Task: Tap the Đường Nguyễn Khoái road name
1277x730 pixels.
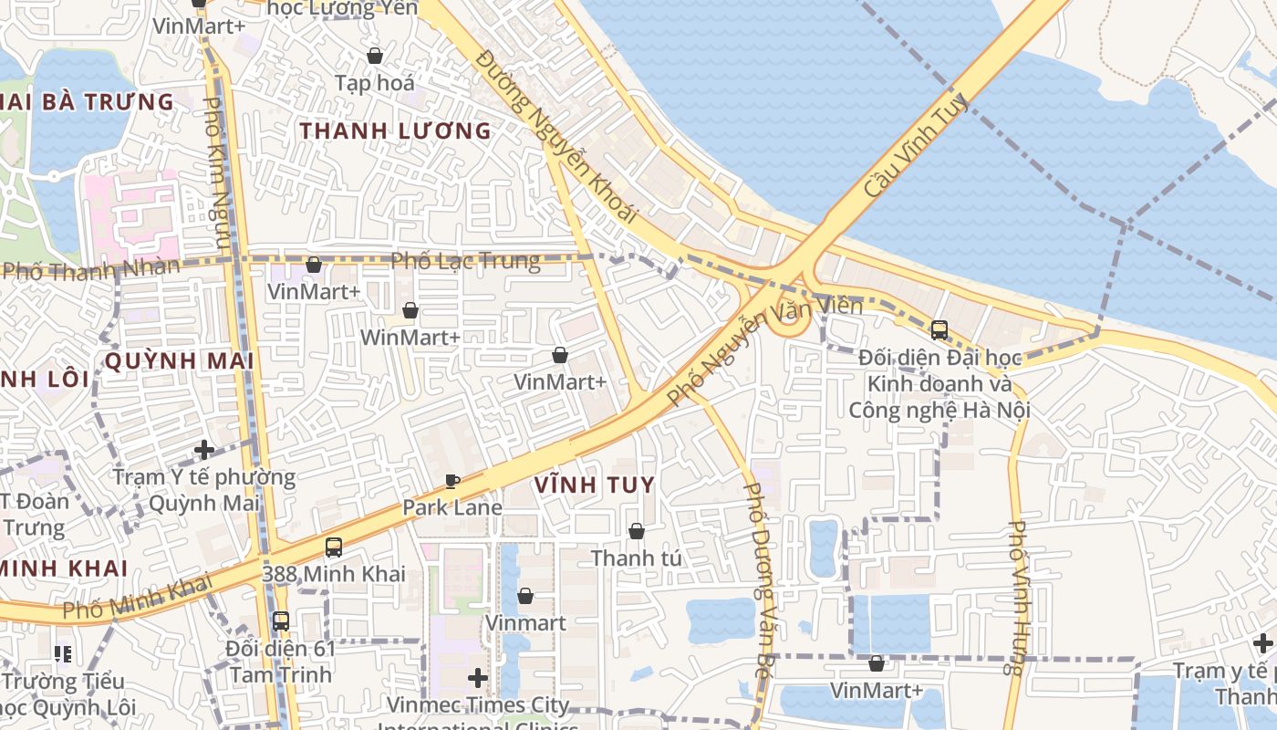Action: tap(556, 137)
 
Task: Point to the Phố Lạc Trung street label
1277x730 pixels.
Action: tap(465, 262)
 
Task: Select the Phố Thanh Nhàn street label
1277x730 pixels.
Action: tap(91, 270)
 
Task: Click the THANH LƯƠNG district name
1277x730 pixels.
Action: tap(395, 131)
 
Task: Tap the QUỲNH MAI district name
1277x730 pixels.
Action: tap(179, 361)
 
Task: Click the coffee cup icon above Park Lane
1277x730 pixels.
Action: tap(452, 481)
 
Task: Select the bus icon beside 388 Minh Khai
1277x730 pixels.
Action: tap(334, 547)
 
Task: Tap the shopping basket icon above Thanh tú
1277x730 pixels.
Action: tap(637, 530)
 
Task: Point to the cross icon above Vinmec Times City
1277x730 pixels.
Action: tap(477, 678)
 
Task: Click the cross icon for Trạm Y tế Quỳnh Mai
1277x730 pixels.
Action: tap(204, 450)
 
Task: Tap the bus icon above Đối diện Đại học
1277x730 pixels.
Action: tap(940, 330)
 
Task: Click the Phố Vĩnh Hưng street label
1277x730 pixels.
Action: tap(1019, 598)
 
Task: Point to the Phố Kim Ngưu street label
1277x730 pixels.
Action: tap(216, 173)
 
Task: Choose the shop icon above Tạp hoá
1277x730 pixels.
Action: tap(374, 57)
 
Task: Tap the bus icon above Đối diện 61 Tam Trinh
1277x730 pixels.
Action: tap(281, 621)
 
